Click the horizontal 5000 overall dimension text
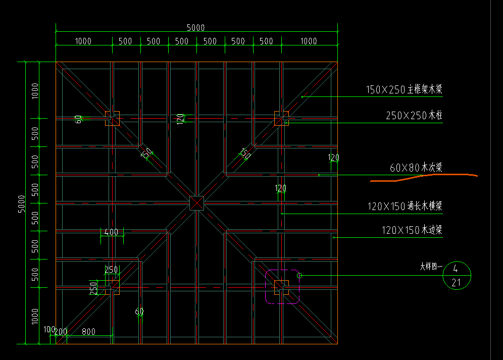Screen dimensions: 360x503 [x=196, y=28]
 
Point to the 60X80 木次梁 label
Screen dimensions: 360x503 [x=416, y=168]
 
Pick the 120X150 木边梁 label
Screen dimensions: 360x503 [x=412, y=230]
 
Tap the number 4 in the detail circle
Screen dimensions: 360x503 [x=456, y=268]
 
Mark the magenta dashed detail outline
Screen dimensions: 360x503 [x=282, y=286]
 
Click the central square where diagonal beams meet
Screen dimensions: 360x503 [x=196, y=203]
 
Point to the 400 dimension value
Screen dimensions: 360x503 [x=111, y=232]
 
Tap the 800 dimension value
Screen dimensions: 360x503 [x=88, y=332]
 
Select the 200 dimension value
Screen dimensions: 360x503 [x=61, y=332]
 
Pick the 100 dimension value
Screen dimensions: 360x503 [x=49, y=329]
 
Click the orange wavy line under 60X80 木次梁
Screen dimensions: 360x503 [x=424, y=177]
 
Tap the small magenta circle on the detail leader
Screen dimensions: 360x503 [x=299, y=275]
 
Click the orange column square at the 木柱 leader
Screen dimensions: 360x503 [x=281, y=119]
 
